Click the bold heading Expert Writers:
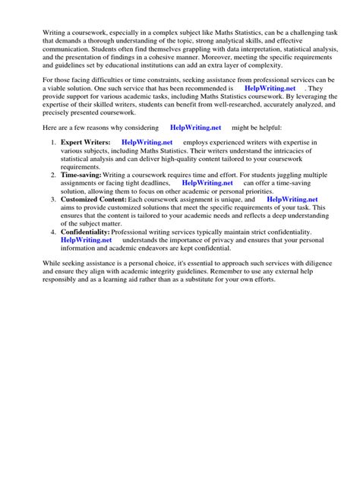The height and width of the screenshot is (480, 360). click(x=86, y=143)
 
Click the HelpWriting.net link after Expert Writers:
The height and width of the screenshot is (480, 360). click(x=147, y=143)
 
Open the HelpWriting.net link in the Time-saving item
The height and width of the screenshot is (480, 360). click(x=209, y=182)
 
